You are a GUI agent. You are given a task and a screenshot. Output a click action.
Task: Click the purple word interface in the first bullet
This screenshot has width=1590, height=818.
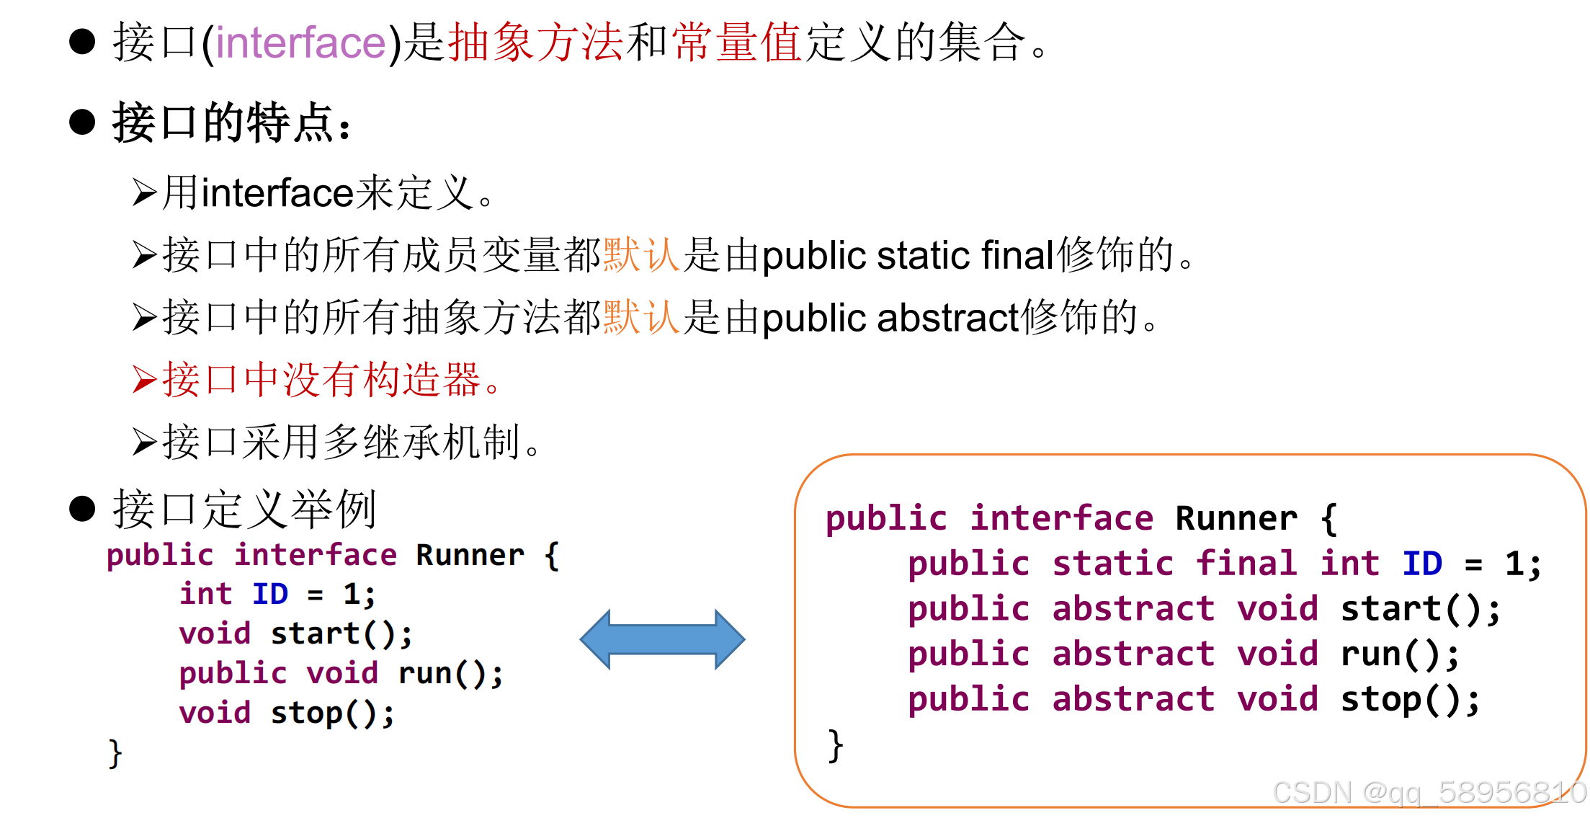[x=300, y=43]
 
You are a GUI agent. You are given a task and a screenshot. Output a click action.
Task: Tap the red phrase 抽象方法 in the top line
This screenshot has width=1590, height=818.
[x=535, y=43]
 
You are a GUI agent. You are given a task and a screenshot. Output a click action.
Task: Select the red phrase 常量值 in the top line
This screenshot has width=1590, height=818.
[x=736, y=43]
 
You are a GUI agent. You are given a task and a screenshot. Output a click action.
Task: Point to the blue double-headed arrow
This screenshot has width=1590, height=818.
[x=662, y=639]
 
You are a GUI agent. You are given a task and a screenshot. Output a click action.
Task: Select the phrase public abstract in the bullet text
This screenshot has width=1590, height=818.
[x=890, y=318]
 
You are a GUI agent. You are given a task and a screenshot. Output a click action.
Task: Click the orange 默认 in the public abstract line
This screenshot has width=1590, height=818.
[x=641, y=318]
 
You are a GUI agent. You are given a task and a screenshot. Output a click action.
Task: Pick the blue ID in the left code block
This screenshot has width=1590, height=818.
[x=270, y=595]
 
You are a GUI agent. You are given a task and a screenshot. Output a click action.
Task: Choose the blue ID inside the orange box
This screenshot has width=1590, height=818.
[x=1422, y=564]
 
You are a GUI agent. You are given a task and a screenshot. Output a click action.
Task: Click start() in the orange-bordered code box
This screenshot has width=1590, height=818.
[x=1420, y=609]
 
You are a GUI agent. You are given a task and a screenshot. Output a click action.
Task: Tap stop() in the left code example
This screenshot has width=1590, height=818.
[x=332, y=713]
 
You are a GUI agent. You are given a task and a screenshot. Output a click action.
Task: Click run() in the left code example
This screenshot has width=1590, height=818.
[x=450, y=674]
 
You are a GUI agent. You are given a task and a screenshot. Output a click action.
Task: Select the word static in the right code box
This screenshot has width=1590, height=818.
[x=1112, y=564]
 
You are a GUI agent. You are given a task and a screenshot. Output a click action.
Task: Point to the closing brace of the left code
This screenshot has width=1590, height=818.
[x=115, y=753]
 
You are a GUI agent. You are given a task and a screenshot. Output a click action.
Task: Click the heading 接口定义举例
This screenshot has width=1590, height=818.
[x=245, y=510]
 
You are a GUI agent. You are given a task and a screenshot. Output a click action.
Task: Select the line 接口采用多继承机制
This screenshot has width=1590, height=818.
[x=339, y=443]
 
